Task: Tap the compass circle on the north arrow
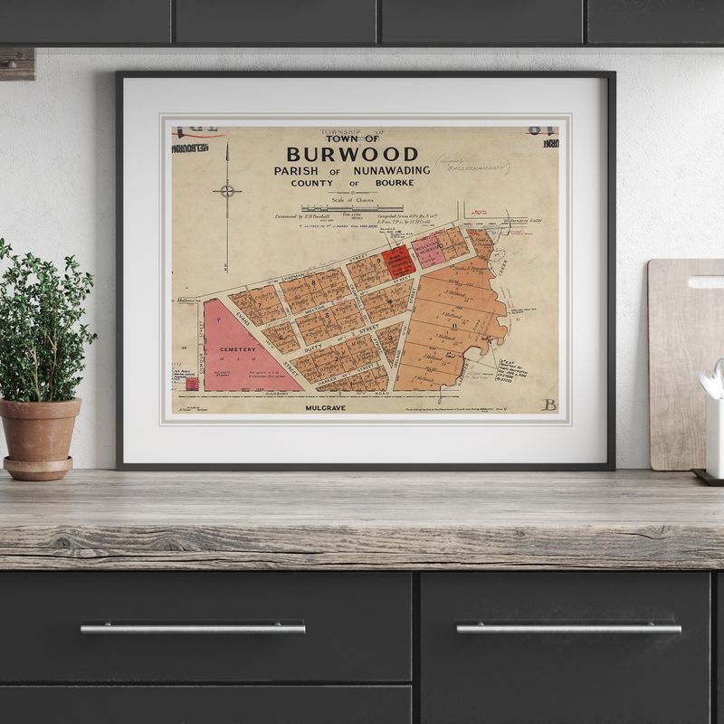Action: coord(227,190)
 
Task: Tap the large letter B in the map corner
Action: coord(548,405)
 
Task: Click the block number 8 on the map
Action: coord(314,282)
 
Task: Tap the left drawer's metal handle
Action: coord(192,627)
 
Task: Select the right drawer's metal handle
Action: coord(567,627)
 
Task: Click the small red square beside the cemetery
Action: coord(192,384)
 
